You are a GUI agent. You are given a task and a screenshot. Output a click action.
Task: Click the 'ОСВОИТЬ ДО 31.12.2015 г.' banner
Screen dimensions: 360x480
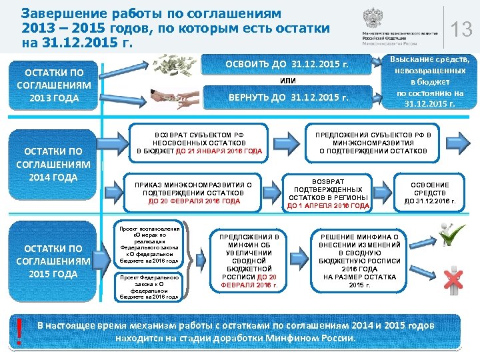click(x=287, y=65)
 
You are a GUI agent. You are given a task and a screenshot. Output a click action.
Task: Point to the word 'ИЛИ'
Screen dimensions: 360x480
click(x=287, y=82)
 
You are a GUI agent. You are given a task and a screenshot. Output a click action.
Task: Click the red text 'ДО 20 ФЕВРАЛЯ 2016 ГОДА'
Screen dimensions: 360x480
click(x=193, y=201)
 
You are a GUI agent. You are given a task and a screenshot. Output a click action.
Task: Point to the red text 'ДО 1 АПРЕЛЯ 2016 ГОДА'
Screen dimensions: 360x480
click(x=327, y=206)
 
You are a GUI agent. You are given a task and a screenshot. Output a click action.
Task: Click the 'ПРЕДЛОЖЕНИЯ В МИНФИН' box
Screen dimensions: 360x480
click(x=248, y=261)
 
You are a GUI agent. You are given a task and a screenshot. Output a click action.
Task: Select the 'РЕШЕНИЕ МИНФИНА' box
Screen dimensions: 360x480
click(x=359, y=261)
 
